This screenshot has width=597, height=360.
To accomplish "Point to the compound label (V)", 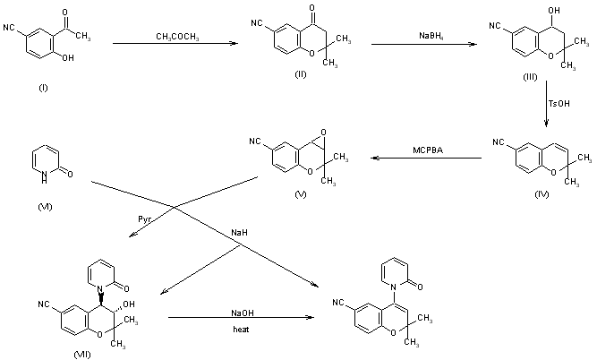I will (x=291, y=192).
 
